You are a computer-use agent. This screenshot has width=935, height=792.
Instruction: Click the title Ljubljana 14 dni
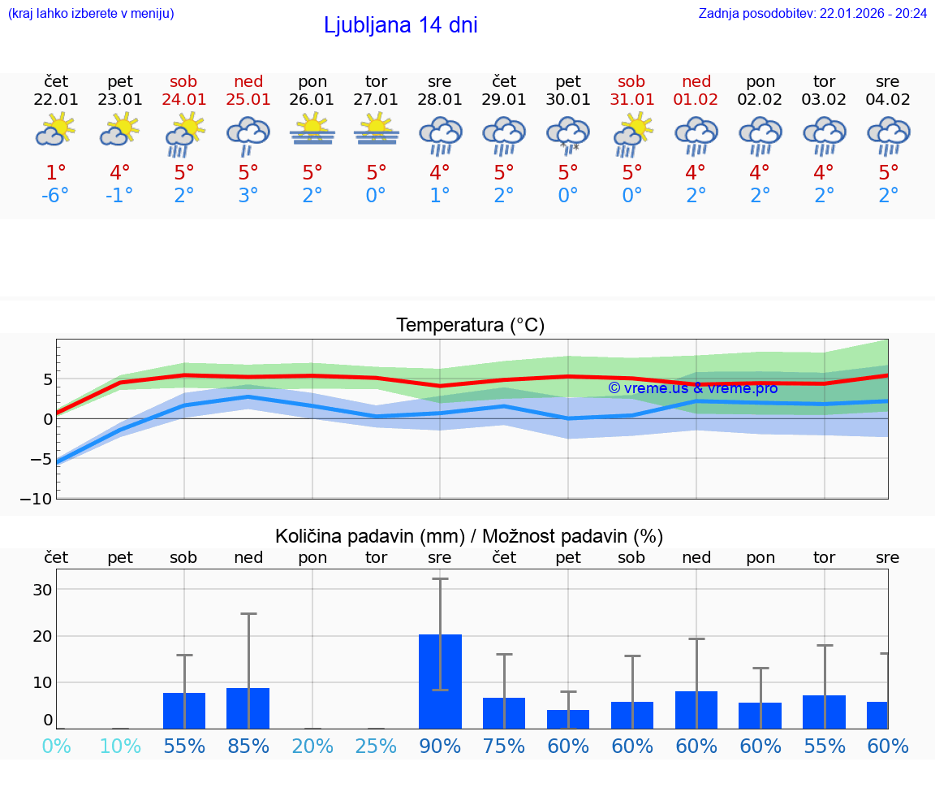pyautogui.click(x=400, y=25)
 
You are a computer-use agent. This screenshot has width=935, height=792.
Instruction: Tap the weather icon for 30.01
pyautogui.click(x=568, y=135)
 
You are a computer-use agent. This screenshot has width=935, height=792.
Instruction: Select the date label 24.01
pyautogui.click(x=184, y=100)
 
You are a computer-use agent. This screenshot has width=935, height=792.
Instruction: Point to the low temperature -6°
pyautogui.click(x=56, y=197)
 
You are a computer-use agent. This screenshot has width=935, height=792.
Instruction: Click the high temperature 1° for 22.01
pyautogui.click(x=56, y=173)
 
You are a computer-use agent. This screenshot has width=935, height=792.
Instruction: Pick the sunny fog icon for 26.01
pyautogui.click(x=312, y=130)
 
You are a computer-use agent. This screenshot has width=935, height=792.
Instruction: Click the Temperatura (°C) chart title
pyautogui.click(x=470, y=326)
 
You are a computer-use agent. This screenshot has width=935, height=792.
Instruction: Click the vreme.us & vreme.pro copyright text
pyautogui.click(x=692, y=388)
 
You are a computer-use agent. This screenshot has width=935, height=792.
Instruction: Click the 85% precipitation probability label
pyautogui.click(x=248, y=746)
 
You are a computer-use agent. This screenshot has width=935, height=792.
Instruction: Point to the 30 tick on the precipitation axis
pyautogui.click(x=42, y=590)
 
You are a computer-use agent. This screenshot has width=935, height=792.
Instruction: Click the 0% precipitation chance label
pyautogui.click(x=56, y=746)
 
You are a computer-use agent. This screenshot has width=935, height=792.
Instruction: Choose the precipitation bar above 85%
pyautogui.click(x=248, y=708)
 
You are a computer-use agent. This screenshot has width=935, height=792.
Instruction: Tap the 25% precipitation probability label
pyautogui.click(x=377, y=746)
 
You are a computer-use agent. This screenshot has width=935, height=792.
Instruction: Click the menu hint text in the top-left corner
pyautogui.click(x=91, y=14)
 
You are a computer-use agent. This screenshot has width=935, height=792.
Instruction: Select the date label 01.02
pyautogui.click(x=696, y=100)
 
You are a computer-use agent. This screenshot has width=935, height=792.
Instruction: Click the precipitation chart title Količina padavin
pyautogui.click(x=469, y=536)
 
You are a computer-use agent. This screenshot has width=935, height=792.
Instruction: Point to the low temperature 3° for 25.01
pyautogui.click(x=248, y=197)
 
